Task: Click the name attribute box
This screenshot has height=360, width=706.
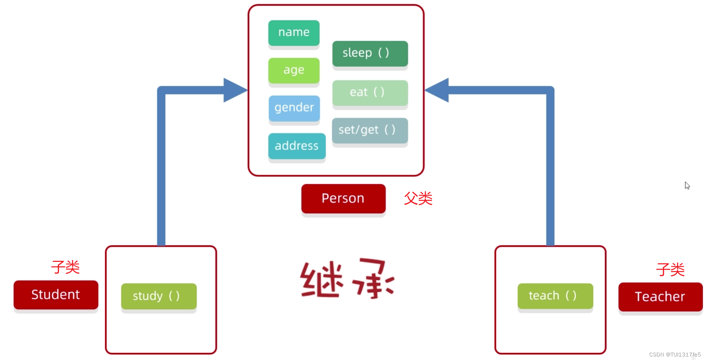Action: tap(294, 33)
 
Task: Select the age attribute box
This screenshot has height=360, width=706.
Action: tap(294, 70)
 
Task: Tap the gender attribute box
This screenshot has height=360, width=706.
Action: tap(294, 108)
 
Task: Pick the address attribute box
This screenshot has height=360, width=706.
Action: tap(296, 146)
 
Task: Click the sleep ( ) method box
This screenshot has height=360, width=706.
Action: tap(370, 53)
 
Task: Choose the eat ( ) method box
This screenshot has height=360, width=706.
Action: tap(370, 92)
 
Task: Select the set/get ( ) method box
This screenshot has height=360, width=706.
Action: tap(370, 130)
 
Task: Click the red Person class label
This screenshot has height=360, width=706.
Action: tap(343, 198)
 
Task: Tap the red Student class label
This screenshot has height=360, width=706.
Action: tap(56, 294)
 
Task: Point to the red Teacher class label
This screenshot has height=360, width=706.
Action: tap(660, 297)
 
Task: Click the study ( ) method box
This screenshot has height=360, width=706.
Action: tap(158, 296)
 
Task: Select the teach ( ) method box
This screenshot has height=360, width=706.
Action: tap(555, 296)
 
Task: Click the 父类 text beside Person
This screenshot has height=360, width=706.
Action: tap(418, 198)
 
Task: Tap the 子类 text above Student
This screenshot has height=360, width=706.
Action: tap(66, 267)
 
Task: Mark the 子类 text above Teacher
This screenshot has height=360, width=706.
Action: tap(670, 269)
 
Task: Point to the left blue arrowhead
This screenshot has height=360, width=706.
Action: tap(235, 90)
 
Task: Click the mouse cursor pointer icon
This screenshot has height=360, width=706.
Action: tap(687, 185)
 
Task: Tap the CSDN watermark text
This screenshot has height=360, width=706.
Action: tap(674, 354)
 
